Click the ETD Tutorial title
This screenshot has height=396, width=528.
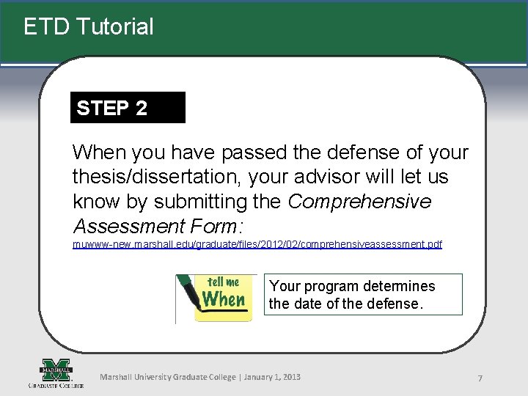pyautogui.click(x=88, y=27)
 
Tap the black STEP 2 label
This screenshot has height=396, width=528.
pyautogui.click(x=112, y=109)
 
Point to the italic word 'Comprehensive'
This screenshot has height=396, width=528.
pyautogui.click(x=360, y=201)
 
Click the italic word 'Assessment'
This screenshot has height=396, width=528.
pyautogui.click(x=128, y=225)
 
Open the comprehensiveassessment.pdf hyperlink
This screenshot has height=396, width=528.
pyautogui.click(x=257, y=243)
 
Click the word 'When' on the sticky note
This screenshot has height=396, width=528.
pyautogui.click(x=224, y=299)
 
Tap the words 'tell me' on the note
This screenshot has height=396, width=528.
pyautogui.click(x=223, y=282)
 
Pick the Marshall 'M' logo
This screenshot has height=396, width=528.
pyautogui.click(x=56, y=369)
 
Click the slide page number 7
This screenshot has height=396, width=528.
pyautogui.click(x=480, y=378)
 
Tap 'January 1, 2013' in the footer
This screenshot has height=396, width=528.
pyautogui.click(x=271, y=377)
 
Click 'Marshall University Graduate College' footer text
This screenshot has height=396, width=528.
pyautogui.click(x=166, y=377)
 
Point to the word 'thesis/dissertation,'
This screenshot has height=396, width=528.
pyautogui.click(x=157, y=177)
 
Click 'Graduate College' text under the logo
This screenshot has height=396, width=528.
pyautogui.click(x=56, y=385)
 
